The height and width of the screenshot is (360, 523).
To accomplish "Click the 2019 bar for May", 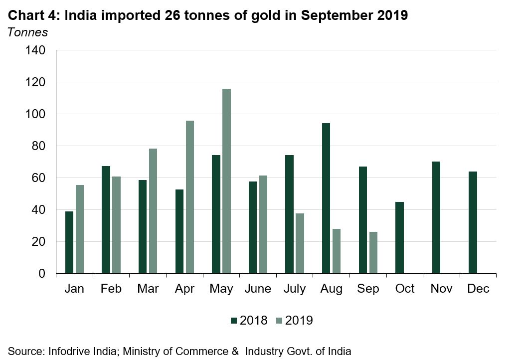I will [x=227, y=181].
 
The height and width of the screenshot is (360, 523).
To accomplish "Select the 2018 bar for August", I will [x=326, y=198].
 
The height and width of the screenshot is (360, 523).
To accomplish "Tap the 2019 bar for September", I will [x=373, y=253].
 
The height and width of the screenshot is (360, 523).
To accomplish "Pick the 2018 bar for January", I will [x=69, y=242].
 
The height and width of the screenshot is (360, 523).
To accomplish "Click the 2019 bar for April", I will [x=190, y=197].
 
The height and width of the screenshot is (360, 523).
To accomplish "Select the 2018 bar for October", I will [x=399, y=238].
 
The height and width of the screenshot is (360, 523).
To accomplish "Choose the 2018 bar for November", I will [x=436, y=217].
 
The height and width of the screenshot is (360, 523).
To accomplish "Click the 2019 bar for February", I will [x=116, y=225].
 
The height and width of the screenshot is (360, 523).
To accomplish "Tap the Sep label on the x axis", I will [x=368, y=289].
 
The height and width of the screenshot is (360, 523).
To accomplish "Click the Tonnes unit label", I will [x=27, y=32].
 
